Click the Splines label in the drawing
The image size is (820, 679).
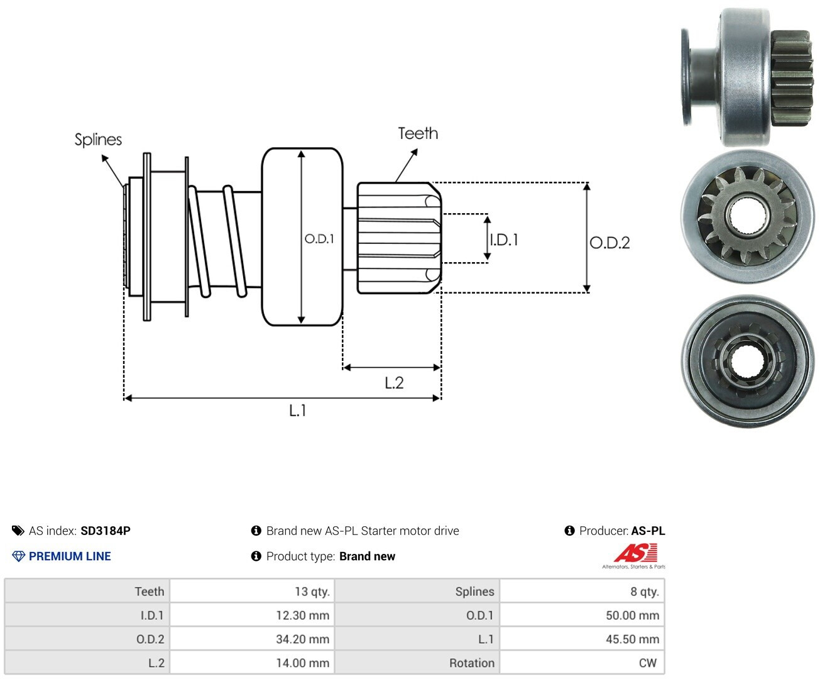pos(98,140)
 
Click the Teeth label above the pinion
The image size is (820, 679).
pos(418,133)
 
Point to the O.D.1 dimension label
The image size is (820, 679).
pos(319,238)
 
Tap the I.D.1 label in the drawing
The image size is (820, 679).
pos(504,240)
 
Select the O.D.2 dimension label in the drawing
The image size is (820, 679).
pos(610,243)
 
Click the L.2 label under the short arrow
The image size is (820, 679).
pos(394,383)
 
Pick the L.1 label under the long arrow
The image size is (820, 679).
pos(297,411)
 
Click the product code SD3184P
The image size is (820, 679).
pos(106,531)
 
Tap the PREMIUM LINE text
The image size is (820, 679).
pos(70,556)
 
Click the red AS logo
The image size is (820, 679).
pos(636,553)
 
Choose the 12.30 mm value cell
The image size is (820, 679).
pos(252,615)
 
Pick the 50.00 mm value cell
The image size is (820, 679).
pos(582,615)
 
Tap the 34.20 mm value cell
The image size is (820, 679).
pos(252,639)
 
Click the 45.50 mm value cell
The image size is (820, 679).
pos(582,639)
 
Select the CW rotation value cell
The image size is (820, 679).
pos(582,663)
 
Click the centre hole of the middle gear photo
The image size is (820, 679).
pos(746,216)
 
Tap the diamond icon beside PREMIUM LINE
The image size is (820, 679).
pos(18,556)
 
